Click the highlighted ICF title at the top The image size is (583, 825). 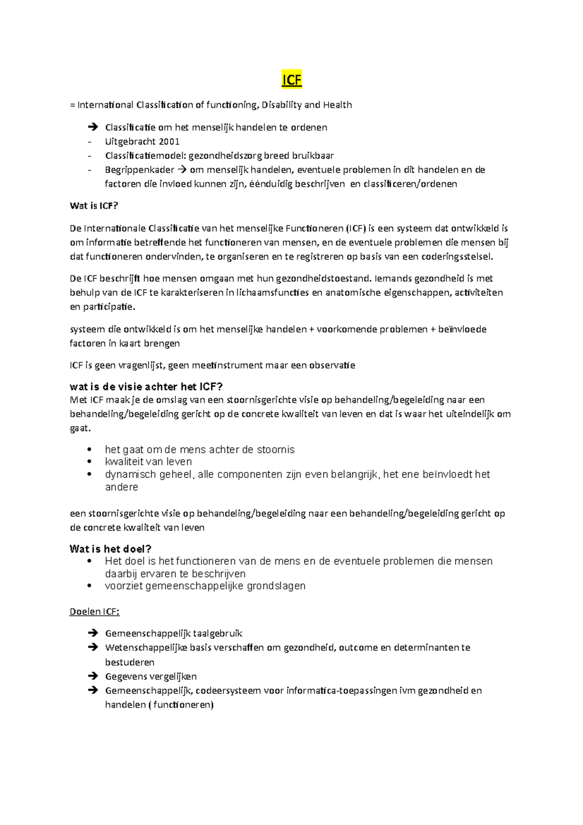291,80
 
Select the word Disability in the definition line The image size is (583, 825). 281,105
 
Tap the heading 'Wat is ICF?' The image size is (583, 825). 94,206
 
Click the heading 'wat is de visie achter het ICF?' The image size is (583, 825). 146,387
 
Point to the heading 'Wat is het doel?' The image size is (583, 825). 110,549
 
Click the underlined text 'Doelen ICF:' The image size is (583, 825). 94,612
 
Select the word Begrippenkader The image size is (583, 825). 139,170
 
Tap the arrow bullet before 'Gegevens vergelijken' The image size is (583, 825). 92,676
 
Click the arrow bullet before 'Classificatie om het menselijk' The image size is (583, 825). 92,127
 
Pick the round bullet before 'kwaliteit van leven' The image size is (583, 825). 89,462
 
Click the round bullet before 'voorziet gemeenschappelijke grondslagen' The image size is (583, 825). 89,586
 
